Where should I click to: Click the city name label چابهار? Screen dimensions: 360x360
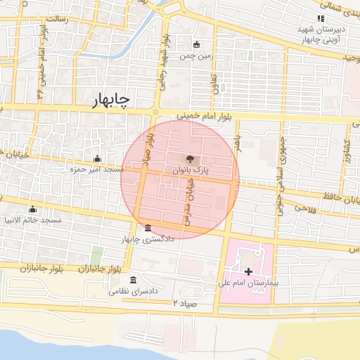pyautogui.click(x=111, y=102)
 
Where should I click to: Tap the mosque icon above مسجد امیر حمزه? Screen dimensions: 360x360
pyautogui.click(x=96, y=158)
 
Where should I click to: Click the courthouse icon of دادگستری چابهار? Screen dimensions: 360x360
pyautogui.click(x=147, y=229)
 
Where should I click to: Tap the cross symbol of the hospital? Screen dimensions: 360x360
pyautogui.click(x=247, y=271)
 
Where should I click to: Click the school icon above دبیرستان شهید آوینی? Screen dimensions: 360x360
pyautogui.click(x=321, y=18)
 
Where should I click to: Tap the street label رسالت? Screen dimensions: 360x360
pyautogui.click(x=77, y=20)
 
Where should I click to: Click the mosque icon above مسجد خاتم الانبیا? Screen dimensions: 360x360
pyautogui.click(x=32, y=209)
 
